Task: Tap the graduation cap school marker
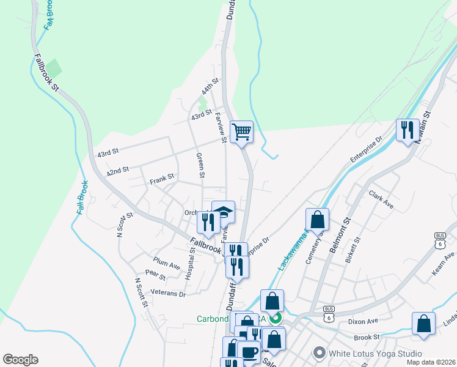223,212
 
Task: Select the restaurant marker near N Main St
408,130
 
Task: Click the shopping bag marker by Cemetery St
318,219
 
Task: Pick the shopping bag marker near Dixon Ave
423,324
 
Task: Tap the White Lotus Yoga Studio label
375,354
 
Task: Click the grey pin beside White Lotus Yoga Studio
319,353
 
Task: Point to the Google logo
20,360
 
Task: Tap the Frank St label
162,179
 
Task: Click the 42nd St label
118,171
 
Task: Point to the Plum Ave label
167,263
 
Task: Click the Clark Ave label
381,200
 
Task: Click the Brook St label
367,337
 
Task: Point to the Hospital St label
192,262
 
